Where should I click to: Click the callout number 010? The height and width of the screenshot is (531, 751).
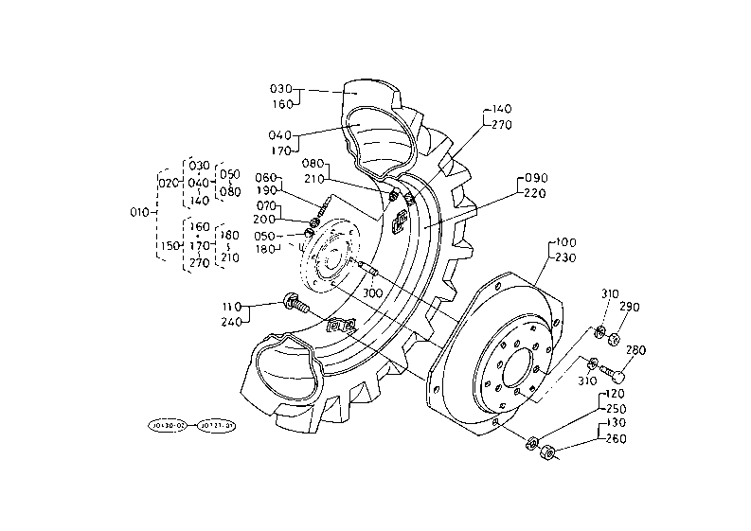pyautogui.click(x=139, y=213)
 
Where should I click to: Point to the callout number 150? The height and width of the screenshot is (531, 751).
pyautogui.click(x=169, y=245)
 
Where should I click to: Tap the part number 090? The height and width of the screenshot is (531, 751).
pyautogui.click(x=536, y=178)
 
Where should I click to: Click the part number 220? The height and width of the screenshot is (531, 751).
pyautogui.click(x=536, y=193)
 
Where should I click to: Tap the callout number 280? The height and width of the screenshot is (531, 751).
pyautogui.click(x=635, y=351)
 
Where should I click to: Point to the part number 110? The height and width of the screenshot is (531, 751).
pyautogui.click(x=232, y=307)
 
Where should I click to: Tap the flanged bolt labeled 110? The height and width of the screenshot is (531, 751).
pyautogui.click(x=295, y=305)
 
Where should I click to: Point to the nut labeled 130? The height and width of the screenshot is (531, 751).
pyautogui.click(x=546, y=454)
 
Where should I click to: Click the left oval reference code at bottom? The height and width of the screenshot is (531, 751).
pyautogui.click(x=169, y=425)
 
